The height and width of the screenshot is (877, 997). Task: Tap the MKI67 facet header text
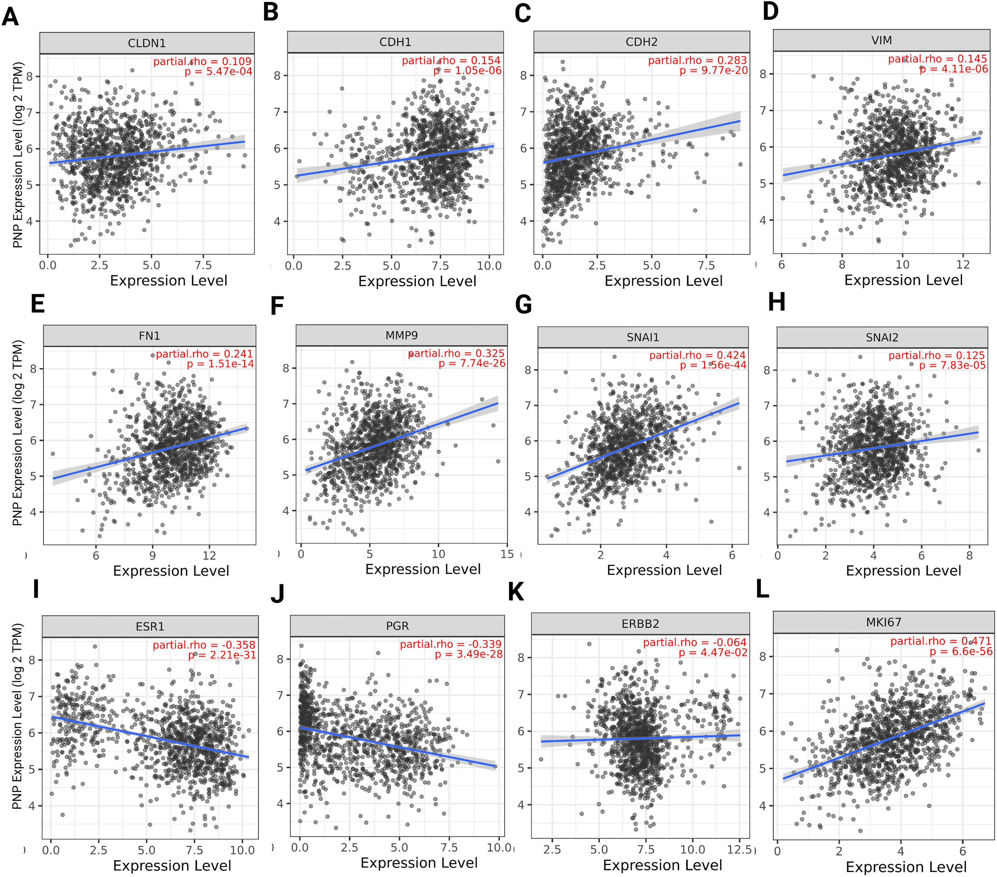point(883,622)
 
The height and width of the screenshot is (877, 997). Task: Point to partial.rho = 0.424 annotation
point(697,355)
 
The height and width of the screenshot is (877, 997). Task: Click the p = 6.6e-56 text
point(961,651)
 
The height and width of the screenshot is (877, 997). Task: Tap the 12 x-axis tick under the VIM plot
point(962,264)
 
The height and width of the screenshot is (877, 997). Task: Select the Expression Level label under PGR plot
point(419,863)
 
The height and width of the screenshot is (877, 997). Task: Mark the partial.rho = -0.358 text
point(204,645)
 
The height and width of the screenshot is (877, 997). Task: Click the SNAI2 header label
point(882,337)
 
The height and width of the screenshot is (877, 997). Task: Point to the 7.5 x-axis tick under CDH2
point(706,265)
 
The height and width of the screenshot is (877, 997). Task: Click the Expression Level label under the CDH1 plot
point(417,281)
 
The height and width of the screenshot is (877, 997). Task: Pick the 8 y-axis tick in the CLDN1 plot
point(30,77)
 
